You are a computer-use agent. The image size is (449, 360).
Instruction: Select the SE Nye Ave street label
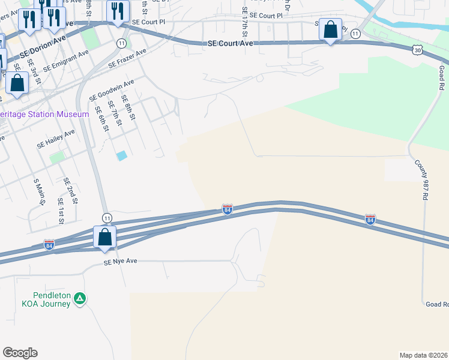point(121,262)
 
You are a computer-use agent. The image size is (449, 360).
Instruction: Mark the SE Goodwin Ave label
point(112,91)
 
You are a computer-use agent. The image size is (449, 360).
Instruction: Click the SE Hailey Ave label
point(56,139)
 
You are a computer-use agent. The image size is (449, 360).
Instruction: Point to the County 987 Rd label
point(423,179)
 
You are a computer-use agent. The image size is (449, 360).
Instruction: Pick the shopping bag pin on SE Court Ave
point(330,30)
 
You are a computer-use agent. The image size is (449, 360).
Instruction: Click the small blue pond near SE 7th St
point(122,155)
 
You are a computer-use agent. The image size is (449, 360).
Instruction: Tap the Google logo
point(20,353)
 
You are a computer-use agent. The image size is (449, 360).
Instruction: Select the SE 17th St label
point(244,20)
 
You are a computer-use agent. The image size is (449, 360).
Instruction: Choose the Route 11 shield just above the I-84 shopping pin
point(107,217)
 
